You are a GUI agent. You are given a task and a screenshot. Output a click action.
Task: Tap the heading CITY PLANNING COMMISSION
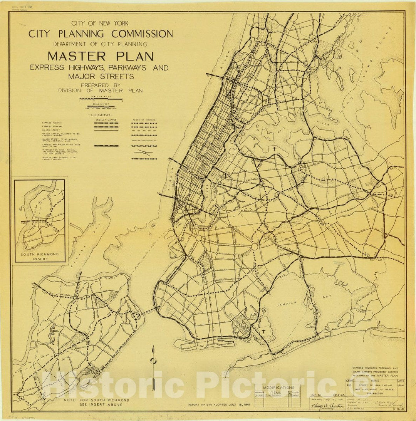101,34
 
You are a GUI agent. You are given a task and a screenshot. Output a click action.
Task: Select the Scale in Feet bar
101,106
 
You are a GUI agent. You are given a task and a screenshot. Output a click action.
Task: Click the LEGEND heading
101,115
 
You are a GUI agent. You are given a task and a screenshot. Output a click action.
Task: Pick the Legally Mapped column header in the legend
106,120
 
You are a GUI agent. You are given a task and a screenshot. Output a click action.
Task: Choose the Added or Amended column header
144,120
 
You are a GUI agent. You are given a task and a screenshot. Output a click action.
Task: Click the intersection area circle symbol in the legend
144,152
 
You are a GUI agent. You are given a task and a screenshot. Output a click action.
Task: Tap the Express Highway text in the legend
52,123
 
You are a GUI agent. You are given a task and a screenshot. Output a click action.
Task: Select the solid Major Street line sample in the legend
106,130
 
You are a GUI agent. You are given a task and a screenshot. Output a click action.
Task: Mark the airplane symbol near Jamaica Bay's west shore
263,331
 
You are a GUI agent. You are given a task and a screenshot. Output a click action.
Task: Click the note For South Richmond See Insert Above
96,403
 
